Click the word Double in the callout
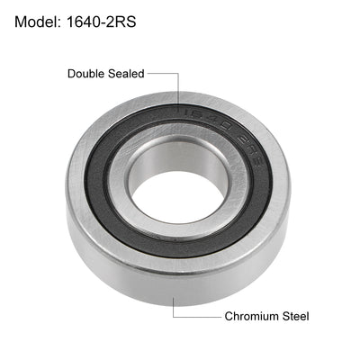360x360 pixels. point(87,74)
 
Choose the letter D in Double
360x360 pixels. point(71,74)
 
